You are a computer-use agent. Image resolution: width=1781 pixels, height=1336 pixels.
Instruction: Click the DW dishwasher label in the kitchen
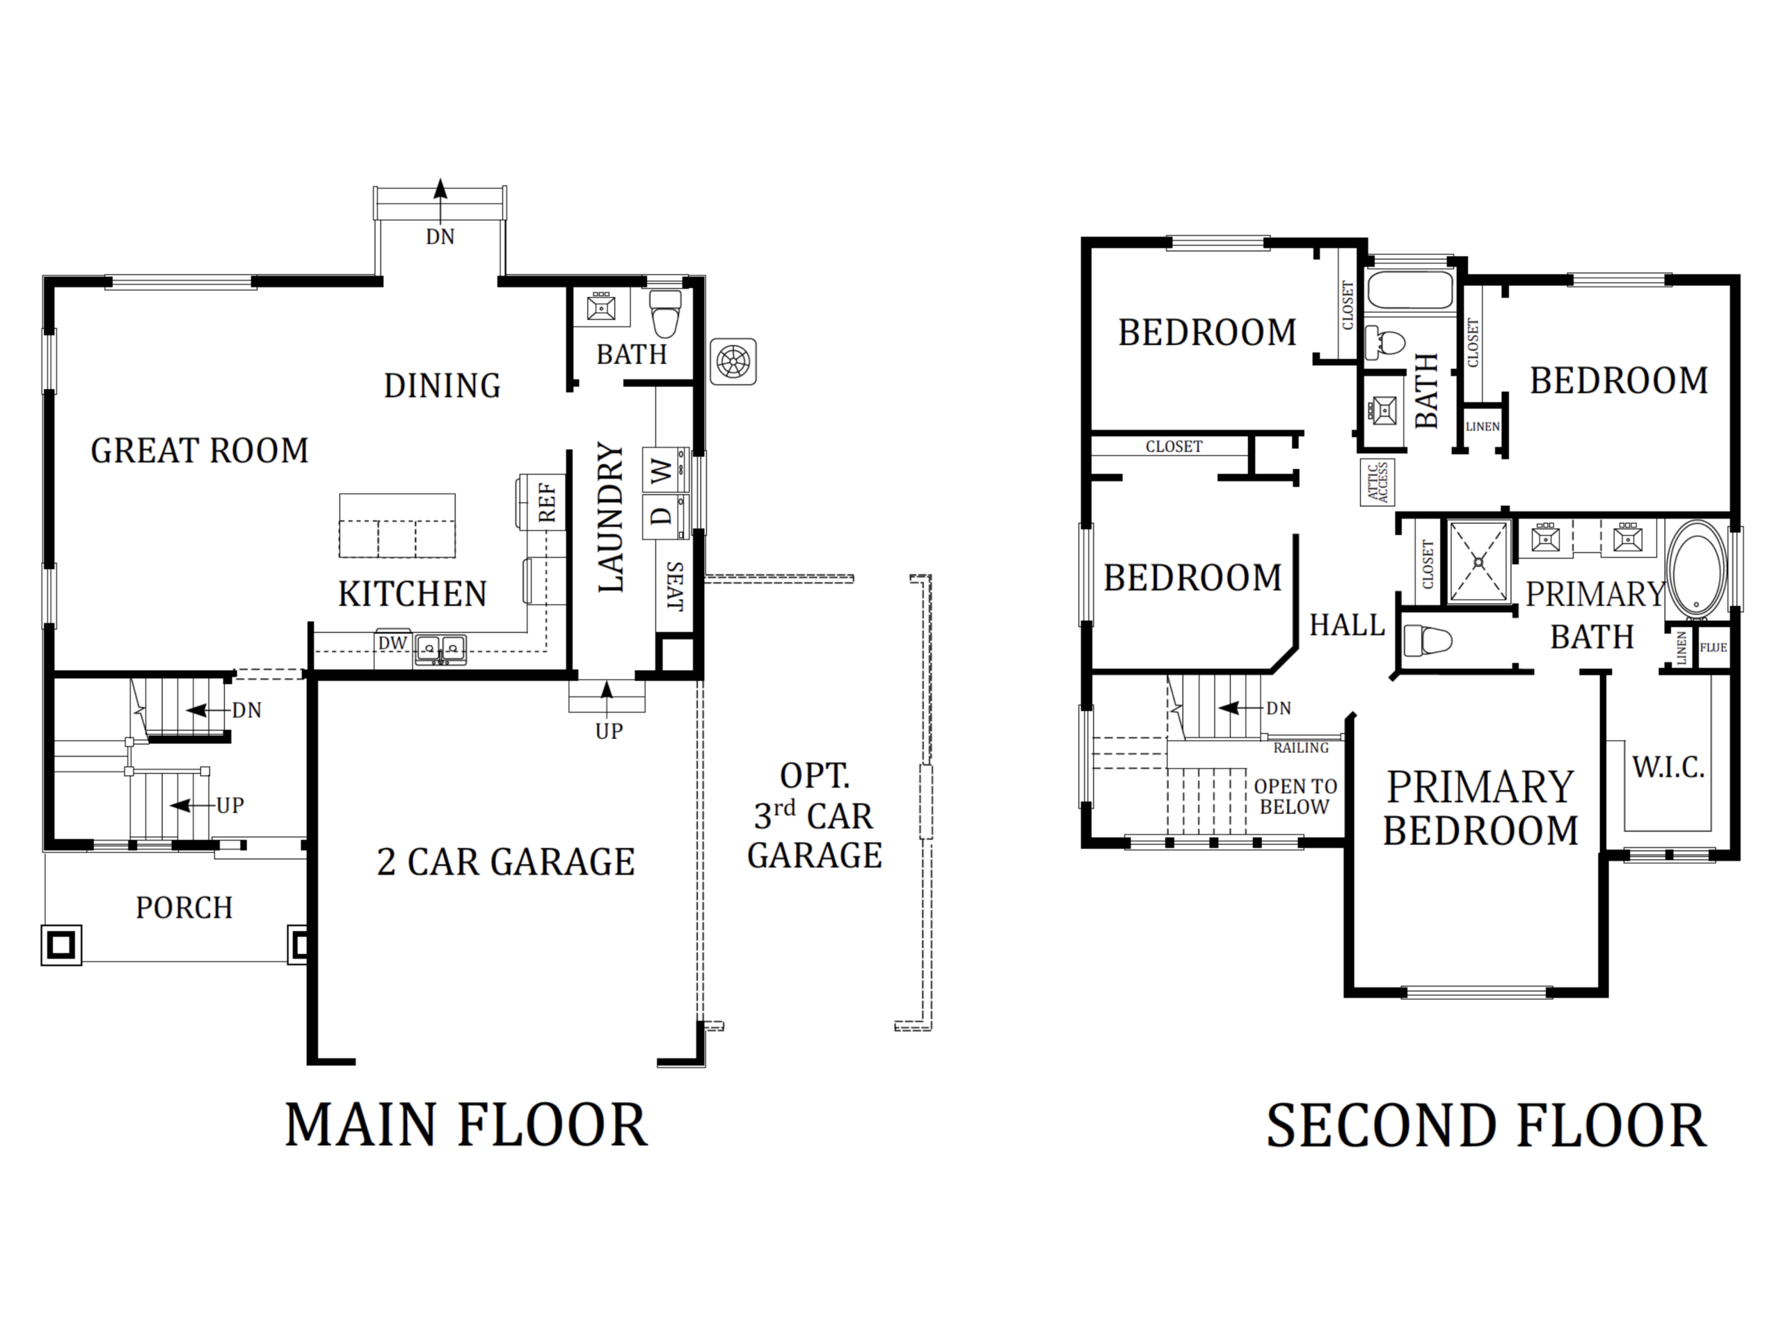[x=393, y=644]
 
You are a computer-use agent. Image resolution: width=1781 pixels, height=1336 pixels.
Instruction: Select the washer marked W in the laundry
[x=666, y=470]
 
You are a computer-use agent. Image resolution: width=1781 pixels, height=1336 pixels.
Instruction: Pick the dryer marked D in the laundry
[x=666, y=516]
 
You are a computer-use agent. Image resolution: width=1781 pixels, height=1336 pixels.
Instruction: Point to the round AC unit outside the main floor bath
[x=733, y=362]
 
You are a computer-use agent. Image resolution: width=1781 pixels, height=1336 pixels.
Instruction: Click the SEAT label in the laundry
[x=675, y=587]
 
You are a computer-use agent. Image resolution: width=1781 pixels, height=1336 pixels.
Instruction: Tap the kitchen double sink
[x=440, y=649]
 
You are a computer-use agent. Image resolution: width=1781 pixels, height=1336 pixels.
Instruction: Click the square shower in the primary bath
[x=1479, y=562]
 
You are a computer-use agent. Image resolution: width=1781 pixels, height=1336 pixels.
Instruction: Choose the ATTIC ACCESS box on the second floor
[x=1377, y=482]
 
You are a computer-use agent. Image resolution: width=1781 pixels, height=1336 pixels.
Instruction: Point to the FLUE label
[x=1713, y=646]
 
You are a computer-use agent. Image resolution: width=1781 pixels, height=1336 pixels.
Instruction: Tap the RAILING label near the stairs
[x=1300, y=748]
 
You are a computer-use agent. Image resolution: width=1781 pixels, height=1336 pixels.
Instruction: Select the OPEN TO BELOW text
[x=1295, y=797]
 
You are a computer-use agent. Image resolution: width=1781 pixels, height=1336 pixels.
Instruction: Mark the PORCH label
[x=184, y=907]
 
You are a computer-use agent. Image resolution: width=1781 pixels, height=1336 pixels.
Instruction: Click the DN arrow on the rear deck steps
[x=440, y=200]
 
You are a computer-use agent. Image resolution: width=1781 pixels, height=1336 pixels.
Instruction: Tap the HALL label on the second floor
[x=1347, y=625]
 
